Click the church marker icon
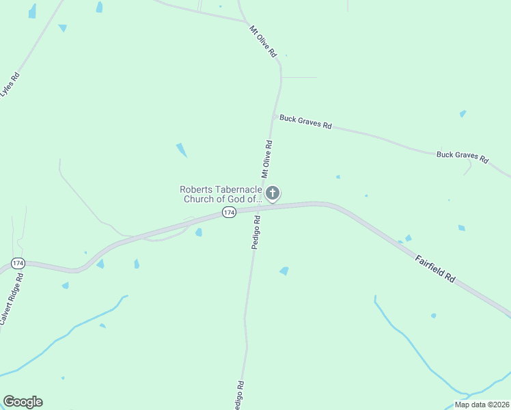(x=273, y=193)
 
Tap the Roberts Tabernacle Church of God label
(x=221, y=194)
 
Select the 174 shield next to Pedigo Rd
(x=229, y=213)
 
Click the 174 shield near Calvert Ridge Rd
(x=18, y=263)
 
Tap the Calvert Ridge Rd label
(x=12, y=298)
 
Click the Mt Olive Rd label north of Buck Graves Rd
(x=263, y=41)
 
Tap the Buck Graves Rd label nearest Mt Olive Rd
(x=305, y=123)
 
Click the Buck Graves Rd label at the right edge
(x=462, y=156)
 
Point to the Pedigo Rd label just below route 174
(x=256, y=232)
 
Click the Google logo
(x=23, y=402)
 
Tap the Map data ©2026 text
(x=482, y=405)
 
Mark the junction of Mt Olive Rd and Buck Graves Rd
(x=276, y=117)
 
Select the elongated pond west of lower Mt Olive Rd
(x=182, y=150)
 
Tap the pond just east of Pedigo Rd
(x=284, y=271)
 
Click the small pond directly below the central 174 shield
(x=198, y=232)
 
